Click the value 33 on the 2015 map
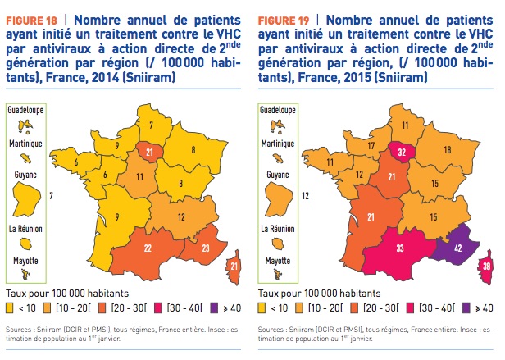(401, 248)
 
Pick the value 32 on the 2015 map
(402, 128)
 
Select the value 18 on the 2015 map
(448, 151)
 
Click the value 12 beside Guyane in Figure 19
(305, 196)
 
